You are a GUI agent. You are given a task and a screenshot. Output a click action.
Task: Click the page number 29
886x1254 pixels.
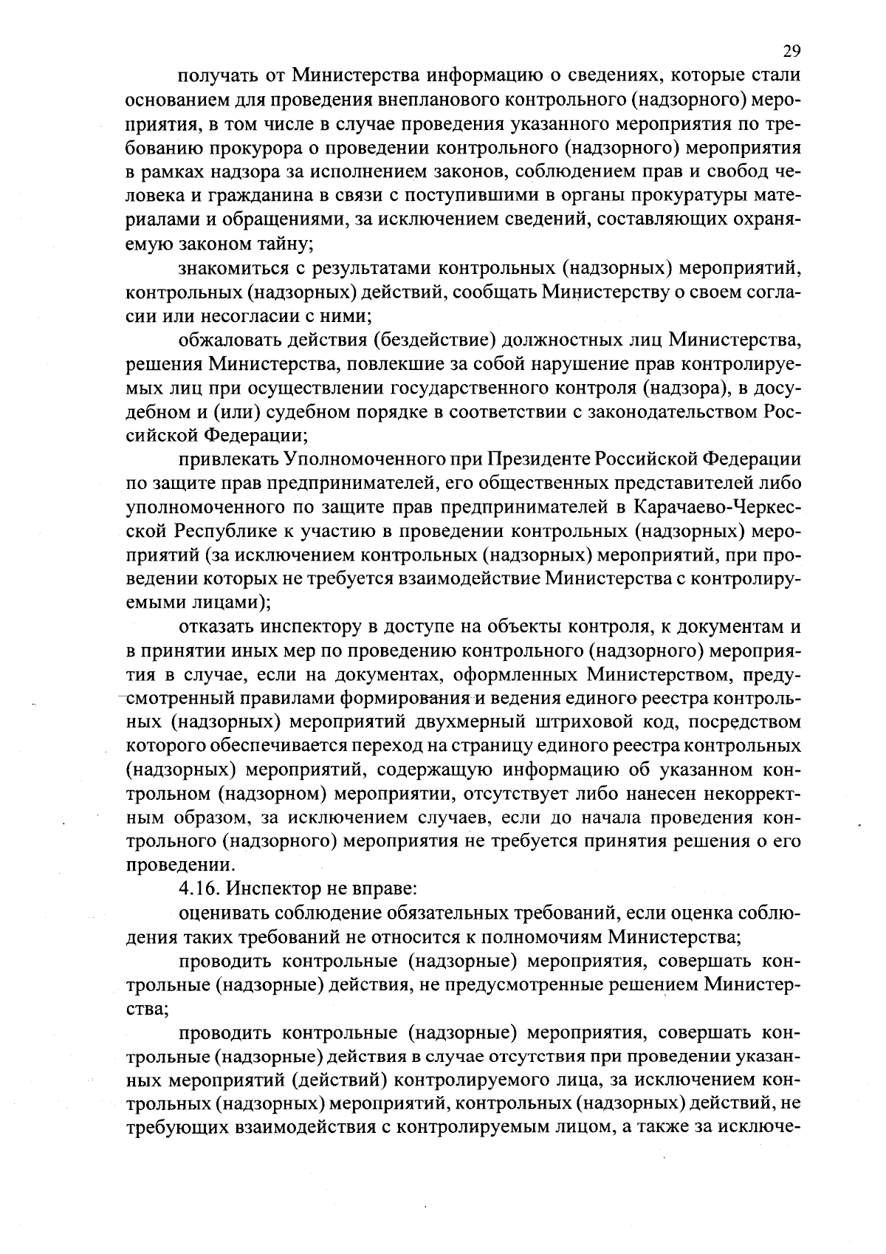click(791, 51)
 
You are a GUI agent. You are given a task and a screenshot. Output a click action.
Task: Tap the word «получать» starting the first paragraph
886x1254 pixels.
click(215, 75)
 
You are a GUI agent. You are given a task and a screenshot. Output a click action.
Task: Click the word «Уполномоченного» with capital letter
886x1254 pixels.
click(347, 460)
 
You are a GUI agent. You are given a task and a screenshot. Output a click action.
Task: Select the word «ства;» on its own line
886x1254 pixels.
click(148, 1008)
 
